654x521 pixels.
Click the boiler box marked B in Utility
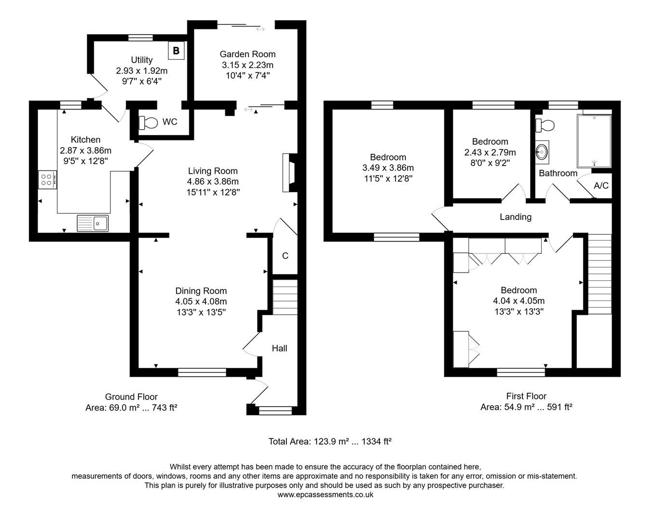pyautogui.click(x=176, y=50)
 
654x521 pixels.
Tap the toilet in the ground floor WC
pyautogui.click(x=148, y=123)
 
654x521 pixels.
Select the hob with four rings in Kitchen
pyautogui.click(x=47, y=180)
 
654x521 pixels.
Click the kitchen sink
pyautogui.click(x=93, y=223)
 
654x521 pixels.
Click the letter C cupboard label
pyautogui.click(x=285, y=256)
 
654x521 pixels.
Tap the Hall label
pyautogui.click(x=279, y=348)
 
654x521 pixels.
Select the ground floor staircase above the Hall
pyautogui.click(x=285, y=297)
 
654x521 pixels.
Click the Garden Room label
pyautogui.click(x=247, y=54)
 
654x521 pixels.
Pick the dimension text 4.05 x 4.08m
pyautogui.click(x=201, y=302)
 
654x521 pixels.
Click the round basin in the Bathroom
pyautogui.click(x=542, y=152)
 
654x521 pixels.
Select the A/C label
pyautogui.click(x=601, y=185)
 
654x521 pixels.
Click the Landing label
pyautogui.click(x=515, y=217)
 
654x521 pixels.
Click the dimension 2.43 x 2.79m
pyautogui.click(x=490, y=152)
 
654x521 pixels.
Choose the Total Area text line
pyautogui.click(x=329, y=441)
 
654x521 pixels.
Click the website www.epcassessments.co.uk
pyautogui.click(x=325, y=494)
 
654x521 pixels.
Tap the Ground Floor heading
pyautogui.click(x=131, y=397)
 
